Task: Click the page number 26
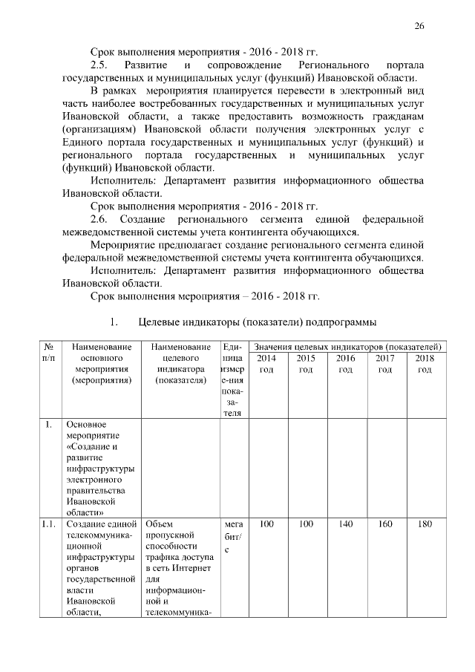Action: click(x=419, y=26)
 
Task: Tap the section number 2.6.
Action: click(x=99, y=219)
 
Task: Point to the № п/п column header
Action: click(x=48, y=353)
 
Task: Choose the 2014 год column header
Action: click(x=266, y=364)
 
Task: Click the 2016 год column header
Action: click(x=345, y=364)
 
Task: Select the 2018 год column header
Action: click(x=425, y=364)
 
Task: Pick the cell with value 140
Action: click(x=345, y=525)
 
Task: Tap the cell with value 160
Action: click(x=385, y=525)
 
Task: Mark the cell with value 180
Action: click(x=425, y=525)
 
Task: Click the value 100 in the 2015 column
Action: click(x=306, y=525)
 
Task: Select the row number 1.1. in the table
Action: click(x=48, y=525)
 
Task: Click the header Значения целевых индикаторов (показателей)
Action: click(x=347, y=347)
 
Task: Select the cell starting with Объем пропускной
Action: click(x=177, y=568)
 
